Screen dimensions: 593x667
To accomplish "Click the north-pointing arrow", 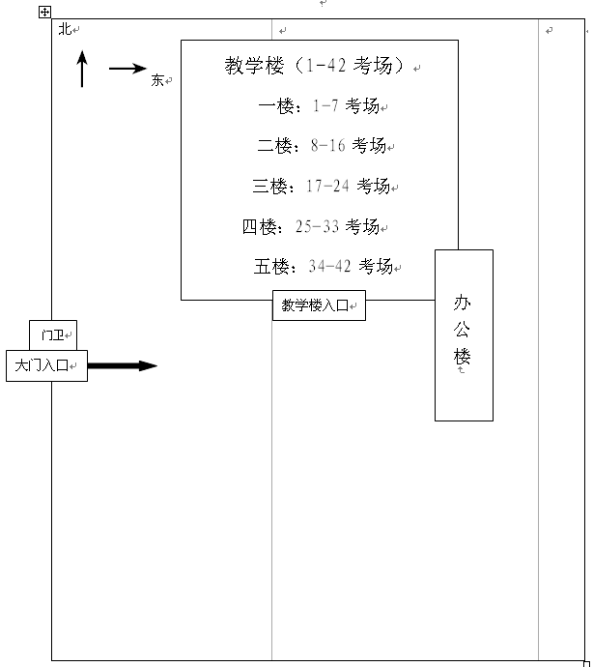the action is (82, 69).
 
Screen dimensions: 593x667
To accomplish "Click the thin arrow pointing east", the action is (127, 69).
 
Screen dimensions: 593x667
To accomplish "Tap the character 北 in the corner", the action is (65, 29).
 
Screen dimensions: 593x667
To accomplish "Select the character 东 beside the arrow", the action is (157, 80).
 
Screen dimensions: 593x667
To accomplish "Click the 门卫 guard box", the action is (53, 335).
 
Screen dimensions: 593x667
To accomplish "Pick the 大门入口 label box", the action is (46, 365).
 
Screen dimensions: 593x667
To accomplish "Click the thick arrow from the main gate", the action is (123, 365).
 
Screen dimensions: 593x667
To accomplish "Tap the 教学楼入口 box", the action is (319, 305).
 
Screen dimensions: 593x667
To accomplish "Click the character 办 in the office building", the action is (462, 303).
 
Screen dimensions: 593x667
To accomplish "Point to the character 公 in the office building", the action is (462, 330).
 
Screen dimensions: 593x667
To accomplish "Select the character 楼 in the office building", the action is (462, 356).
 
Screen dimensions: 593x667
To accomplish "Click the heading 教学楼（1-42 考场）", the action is (314, 66).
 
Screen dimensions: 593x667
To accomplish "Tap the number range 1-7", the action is (325, 105).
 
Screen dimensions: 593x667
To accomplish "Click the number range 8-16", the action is (327, 145).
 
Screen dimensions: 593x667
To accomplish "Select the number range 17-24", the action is (327, 186).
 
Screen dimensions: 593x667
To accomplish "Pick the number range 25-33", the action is (317, 226).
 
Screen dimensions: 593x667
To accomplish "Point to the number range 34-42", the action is (330, 266).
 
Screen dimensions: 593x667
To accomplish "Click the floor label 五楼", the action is (271, 267).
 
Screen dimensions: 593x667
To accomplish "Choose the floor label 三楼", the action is (269, 187).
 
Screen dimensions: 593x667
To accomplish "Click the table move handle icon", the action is (44, 12).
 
